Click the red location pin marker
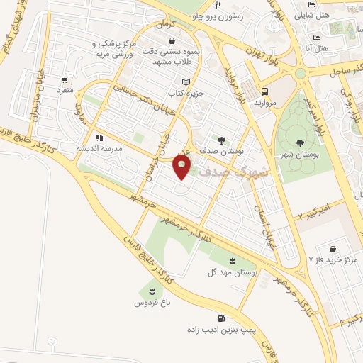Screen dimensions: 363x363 click(183, 167)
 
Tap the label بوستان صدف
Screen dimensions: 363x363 click(223, 152)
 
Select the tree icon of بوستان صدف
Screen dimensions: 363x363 click(222, 140)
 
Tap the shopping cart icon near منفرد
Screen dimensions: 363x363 click(65, 80)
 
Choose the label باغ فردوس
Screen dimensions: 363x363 click(150, 303)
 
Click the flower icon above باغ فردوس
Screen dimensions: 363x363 click(151, 291)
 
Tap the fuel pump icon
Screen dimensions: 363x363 click(222, 318)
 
